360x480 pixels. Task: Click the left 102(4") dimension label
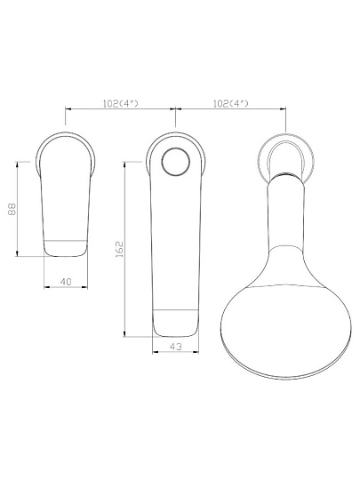tap(120, 103)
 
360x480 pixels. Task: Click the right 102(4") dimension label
tap(230, 103)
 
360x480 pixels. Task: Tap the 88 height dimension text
tap(12, 209)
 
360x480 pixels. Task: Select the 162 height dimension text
tap(119, 249)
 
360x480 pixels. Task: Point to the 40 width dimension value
tap(66, 282)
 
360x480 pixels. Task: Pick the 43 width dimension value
tap(176, 347)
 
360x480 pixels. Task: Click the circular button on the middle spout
tap(175, 162)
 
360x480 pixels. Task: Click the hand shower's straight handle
tap(286, 214)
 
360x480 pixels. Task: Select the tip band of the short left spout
tap(65, 247)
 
